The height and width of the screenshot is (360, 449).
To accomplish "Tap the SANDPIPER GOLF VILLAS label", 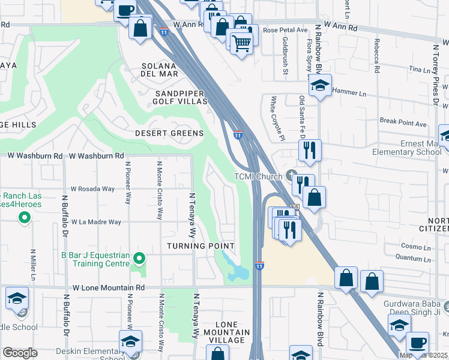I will click(x=181, y=98).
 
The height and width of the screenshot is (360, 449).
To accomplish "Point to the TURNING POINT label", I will click(x=200, y=246).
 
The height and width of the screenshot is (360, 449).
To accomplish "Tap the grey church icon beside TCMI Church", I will click(x=292, y=176).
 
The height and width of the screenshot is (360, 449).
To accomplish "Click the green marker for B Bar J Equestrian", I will click(x=139, y=259).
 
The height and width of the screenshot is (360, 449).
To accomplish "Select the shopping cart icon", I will click(x=241, y=43).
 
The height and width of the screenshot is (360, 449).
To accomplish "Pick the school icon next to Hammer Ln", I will click(x=321, y=86).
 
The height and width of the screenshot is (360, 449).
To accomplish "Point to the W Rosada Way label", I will click(x=92, y=188).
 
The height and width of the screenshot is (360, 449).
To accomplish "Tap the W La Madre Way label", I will click(x=96, y=222).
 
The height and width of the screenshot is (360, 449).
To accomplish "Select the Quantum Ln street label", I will click(x=412, y=258).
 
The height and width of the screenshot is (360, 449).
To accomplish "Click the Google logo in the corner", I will click(x=20, y=353).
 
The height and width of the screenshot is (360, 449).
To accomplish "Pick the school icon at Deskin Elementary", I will click(x=130, y=341).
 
